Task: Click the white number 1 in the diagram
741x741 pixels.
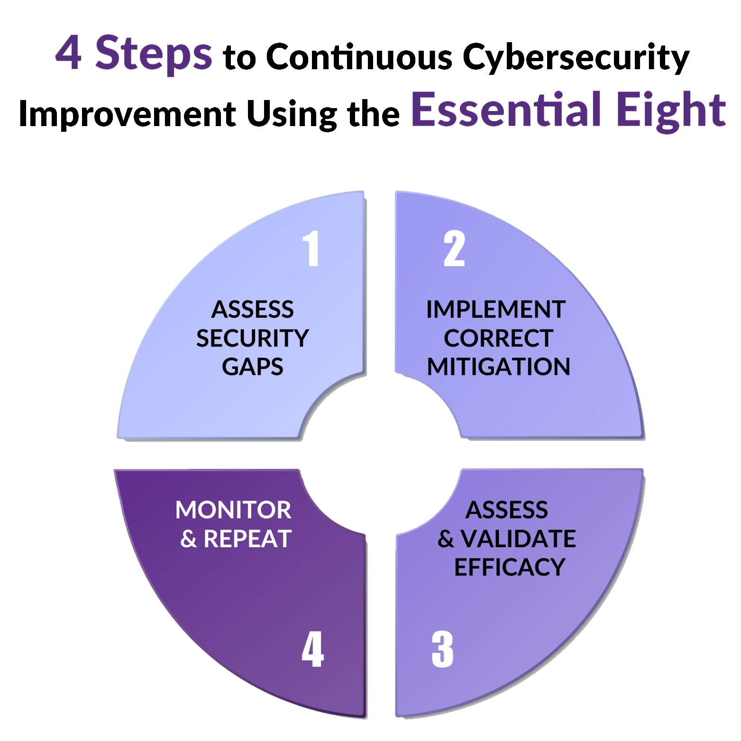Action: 311,248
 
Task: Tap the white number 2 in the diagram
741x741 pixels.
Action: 454,248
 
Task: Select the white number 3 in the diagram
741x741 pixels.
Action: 442,649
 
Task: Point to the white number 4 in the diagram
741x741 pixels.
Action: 313,649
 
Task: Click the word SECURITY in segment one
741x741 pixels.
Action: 253,338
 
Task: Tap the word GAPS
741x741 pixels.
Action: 253,367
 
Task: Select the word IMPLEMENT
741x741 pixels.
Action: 496,310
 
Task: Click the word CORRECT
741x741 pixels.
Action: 498,338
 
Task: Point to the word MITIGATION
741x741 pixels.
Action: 498,367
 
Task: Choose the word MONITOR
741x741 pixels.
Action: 233,510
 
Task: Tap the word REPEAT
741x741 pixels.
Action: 247,539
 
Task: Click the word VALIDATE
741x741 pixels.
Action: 518,539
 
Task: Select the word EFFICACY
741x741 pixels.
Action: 510,567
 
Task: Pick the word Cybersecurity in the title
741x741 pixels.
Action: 576,57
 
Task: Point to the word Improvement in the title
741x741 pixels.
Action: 127,115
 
